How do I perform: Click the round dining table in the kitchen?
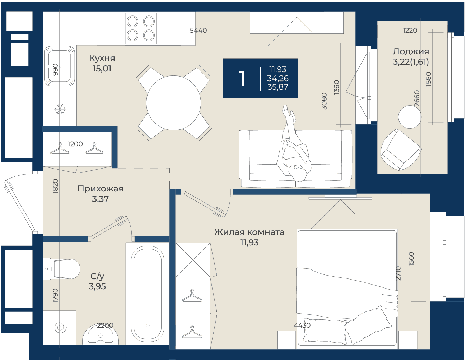point(173,103)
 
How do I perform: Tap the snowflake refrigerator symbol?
point(60,109)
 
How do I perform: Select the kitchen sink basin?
point(60,66)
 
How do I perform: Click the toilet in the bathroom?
point(61,269)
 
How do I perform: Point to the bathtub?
point(148,294)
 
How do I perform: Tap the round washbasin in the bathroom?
point(101,335)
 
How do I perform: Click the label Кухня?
point(102,58)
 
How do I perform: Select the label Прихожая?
point(101,189)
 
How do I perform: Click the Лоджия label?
point(411,52)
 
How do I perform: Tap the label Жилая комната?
point(249,232)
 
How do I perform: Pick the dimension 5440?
point(198,31)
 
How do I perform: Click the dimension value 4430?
point(302,326)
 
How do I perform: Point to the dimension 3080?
point(324,101)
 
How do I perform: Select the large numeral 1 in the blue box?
point(242,79)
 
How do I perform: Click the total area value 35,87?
point(278,87)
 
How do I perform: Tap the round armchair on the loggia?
point(400,149)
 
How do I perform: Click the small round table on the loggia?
point(410,117)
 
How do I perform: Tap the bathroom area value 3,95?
point(97,286)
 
